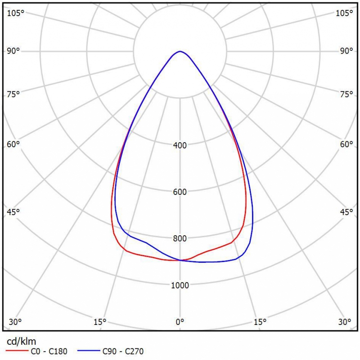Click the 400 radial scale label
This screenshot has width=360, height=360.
pos(180,145)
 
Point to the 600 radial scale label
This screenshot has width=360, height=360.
pos(180,192)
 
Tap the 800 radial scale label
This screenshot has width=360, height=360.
pos(180,238)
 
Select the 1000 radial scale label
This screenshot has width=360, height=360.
pos(180,285)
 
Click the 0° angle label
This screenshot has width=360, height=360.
pos(180,322)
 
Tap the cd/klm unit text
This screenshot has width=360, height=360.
pos(21,341)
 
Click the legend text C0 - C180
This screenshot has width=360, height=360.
pos(50,351)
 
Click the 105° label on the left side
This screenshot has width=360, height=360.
pos(15,13)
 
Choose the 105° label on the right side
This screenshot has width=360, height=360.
pos(345,13)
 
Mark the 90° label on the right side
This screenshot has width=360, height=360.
pos(346,51)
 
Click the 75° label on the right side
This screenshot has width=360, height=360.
pos(346,94)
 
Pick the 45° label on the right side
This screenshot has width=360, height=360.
pos(346,212)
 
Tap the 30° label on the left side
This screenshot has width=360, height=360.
pos(15,322)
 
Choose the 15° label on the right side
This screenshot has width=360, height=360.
pos(260,322)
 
